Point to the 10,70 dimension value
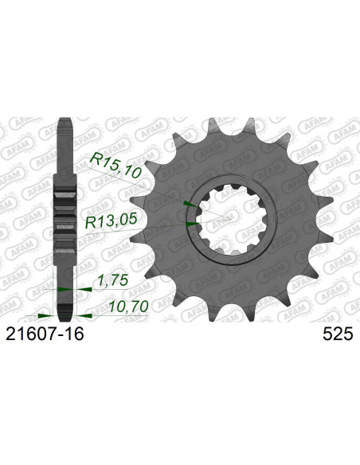pos(127,306)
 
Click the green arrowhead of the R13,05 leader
pos(188,224)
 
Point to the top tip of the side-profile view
pos(64,121)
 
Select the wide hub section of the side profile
pos(64,217)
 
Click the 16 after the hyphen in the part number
pos(73,336)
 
